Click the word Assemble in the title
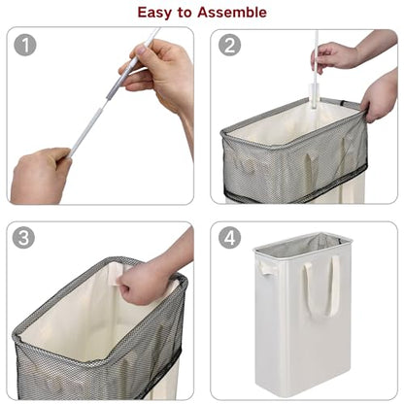(x=232, y=13)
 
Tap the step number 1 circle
(x=25, y=45)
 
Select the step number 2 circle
(x=229, y=45)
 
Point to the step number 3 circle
(x=23, y=237)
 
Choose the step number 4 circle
(x=229, y=237)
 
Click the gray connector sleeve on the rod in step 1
(x=114, y=88)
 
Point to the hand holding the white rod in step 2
(x=333, y=56)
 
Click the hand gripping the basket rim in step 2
(x=379, y=97)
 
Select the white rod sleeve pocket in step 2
(x=313, y=96)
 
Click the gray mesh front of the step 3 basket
(x=97, y=372)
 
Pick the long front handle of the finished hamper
(x=321, y=285)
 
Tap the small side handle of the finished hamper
(x=264, y=267)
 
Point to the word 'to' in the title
(x=185, y=13)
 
